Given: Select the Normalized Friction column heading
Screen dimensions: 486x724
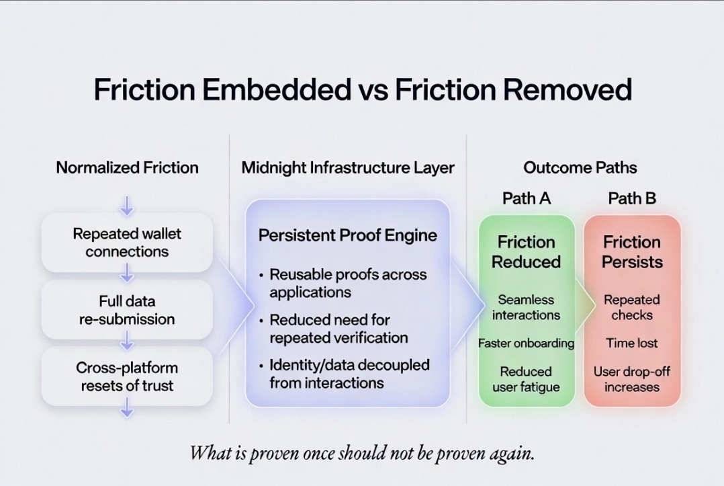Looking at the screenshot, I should click(x=128, y=167).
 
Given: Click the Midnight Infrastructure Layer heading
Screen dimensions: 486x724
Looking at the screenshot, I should click(x=348, y=167).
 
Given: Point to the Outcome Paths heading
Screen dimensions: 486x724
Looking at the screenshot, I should click(x=580, y=167).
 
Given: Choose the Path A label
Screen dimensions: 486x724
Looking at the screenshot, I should click(x=527, y=198).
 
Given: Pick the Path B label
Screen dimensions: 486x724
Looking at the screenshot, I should click(x=632, y=198).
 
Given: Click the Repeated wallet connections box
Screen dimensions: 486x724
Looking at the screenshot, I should click(x=127, y=243).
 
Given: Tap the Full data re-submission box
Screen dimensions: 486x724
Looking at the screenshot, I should click(x=127, y=309).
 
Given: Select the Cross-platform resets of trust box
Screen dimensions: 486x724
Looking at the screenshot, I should click(x=127, y=376).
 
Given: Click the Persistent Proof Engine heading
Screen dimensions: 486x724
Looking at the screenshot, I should click(x=348, y=235).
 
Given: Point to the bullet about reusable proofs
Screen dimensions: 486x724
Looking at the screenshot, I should click(x=348, y=283).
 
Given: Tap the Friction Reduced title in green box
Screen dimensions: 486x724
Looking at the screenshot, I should click(x=527, y=251).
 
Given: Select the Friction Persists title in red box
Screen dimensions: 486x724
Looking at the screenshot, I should click(x=632, y=251).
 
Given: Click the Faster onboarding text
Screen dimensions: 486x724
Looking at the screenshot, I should click(x=527, y=343).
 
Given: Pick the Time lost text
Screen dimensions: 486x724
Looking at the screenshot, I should click(x=632, y=343).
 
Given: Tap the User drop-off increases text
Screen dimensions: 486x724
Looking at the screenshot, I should click(x=632, y=379).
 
